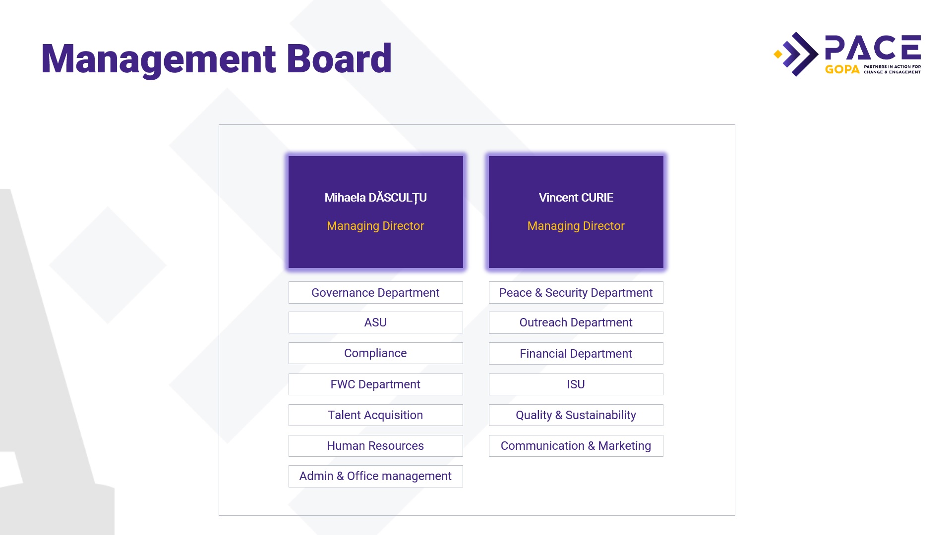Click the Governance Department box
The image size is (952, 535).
(375, 293)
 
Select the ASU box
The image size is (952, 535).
(375, 322)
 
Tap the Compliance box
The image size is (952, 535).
(375, 353)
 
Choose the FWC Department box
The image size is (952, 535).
(375, 384)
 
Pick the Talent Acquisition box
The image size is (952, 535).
(375, 415)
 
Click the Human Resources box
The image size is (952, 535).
(375, 446)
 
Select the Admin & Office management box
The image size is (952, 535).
(375, 476)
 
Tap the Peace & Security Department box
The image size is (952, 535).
(576, 293)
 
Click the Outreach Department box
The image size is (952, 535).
(576, 322)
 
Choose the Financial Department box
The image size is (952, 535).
(576, 354)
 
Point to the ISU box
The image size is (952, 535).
(576, 384)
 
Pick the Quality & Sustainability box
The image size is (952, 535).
(576, 415)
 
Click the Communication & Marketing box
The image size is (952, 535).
(576, 446)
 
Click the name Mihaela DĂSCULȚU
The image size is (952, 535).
(375, 198)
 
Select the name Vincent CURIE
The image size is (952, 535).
(576, 198)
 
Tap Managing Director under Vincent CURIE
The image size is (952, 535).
(576, 226)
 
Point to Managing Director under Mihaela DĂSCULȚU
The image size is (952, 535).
(375, 226)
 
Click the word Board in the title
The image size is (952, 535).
(339, 59)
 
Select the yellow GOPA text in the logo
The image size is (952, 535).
(842, 69)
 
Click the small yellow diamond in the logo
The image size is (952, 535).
(778, 54)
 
